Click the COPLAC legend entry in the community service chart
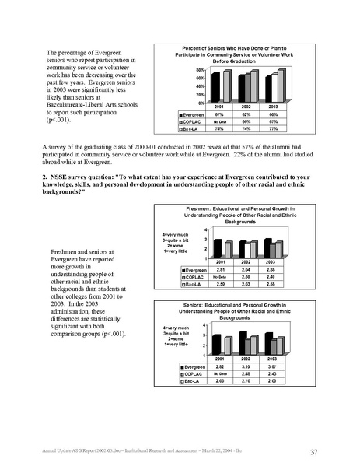[x=187, y=121]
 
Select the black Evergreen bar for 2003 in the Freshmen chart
[x=267, y=247]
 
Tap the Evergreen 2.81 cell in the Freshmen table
[x=220, y=268]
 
